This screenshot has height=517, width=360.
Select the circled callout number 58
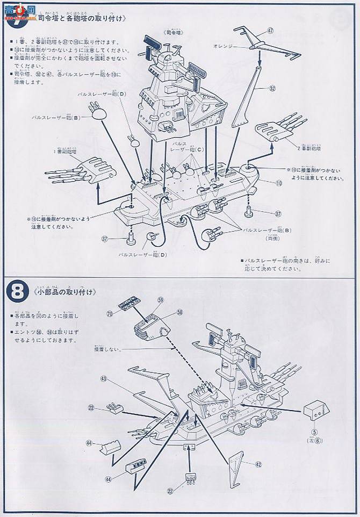pos(179,311)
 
